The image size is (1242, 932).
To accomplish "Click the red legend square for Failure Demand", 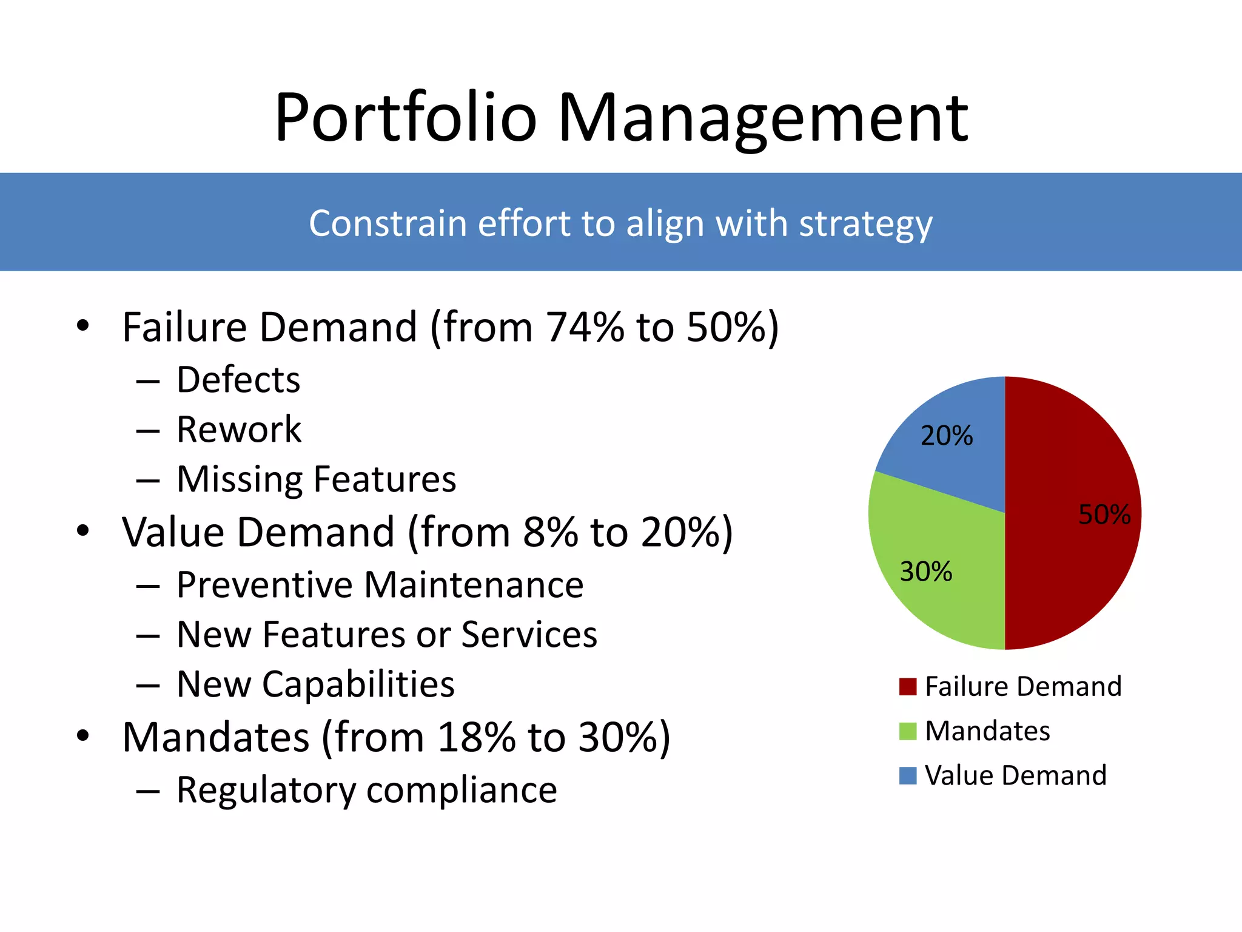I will point(907,687).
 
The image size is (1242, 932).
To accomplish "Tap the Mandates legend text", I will point(987,731).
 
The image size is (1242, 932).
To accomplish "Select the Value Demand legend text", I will point(1015,775).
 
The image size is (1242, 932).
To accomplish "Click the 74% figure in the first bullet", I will point(585,328).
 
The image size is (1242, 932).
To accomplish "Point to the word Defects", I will point(238,380).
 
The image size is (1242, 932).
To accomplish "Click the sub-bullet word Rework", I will point(239,430).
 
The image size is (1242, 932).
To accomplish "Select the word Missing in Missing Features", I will point(240,480).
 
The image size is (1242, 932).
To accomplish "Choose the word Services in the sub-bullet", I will point(529,635).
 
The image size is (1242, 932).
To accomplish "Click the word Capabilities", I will point(358,685).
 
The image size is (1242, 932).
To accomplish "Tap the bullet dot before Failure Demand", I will point(83,326).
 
